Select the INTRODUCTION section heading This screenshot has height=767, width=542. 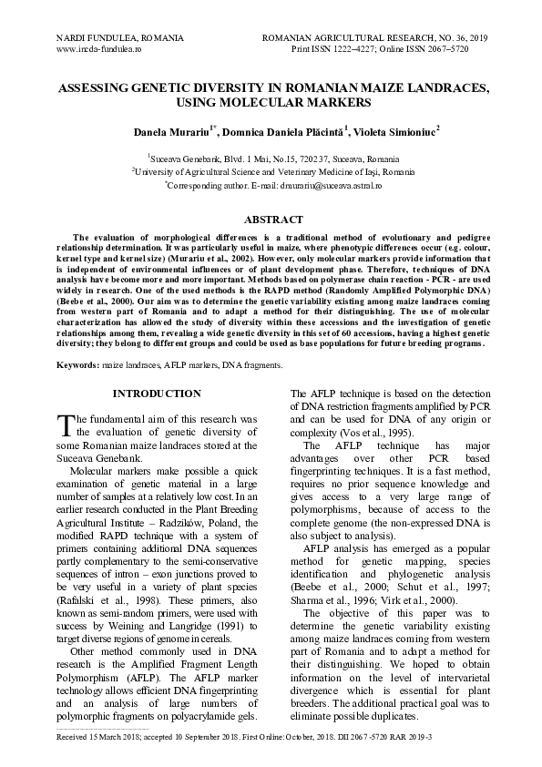coord(156,393)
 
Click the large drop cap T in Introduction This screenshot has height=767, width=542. coord(64,424)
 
